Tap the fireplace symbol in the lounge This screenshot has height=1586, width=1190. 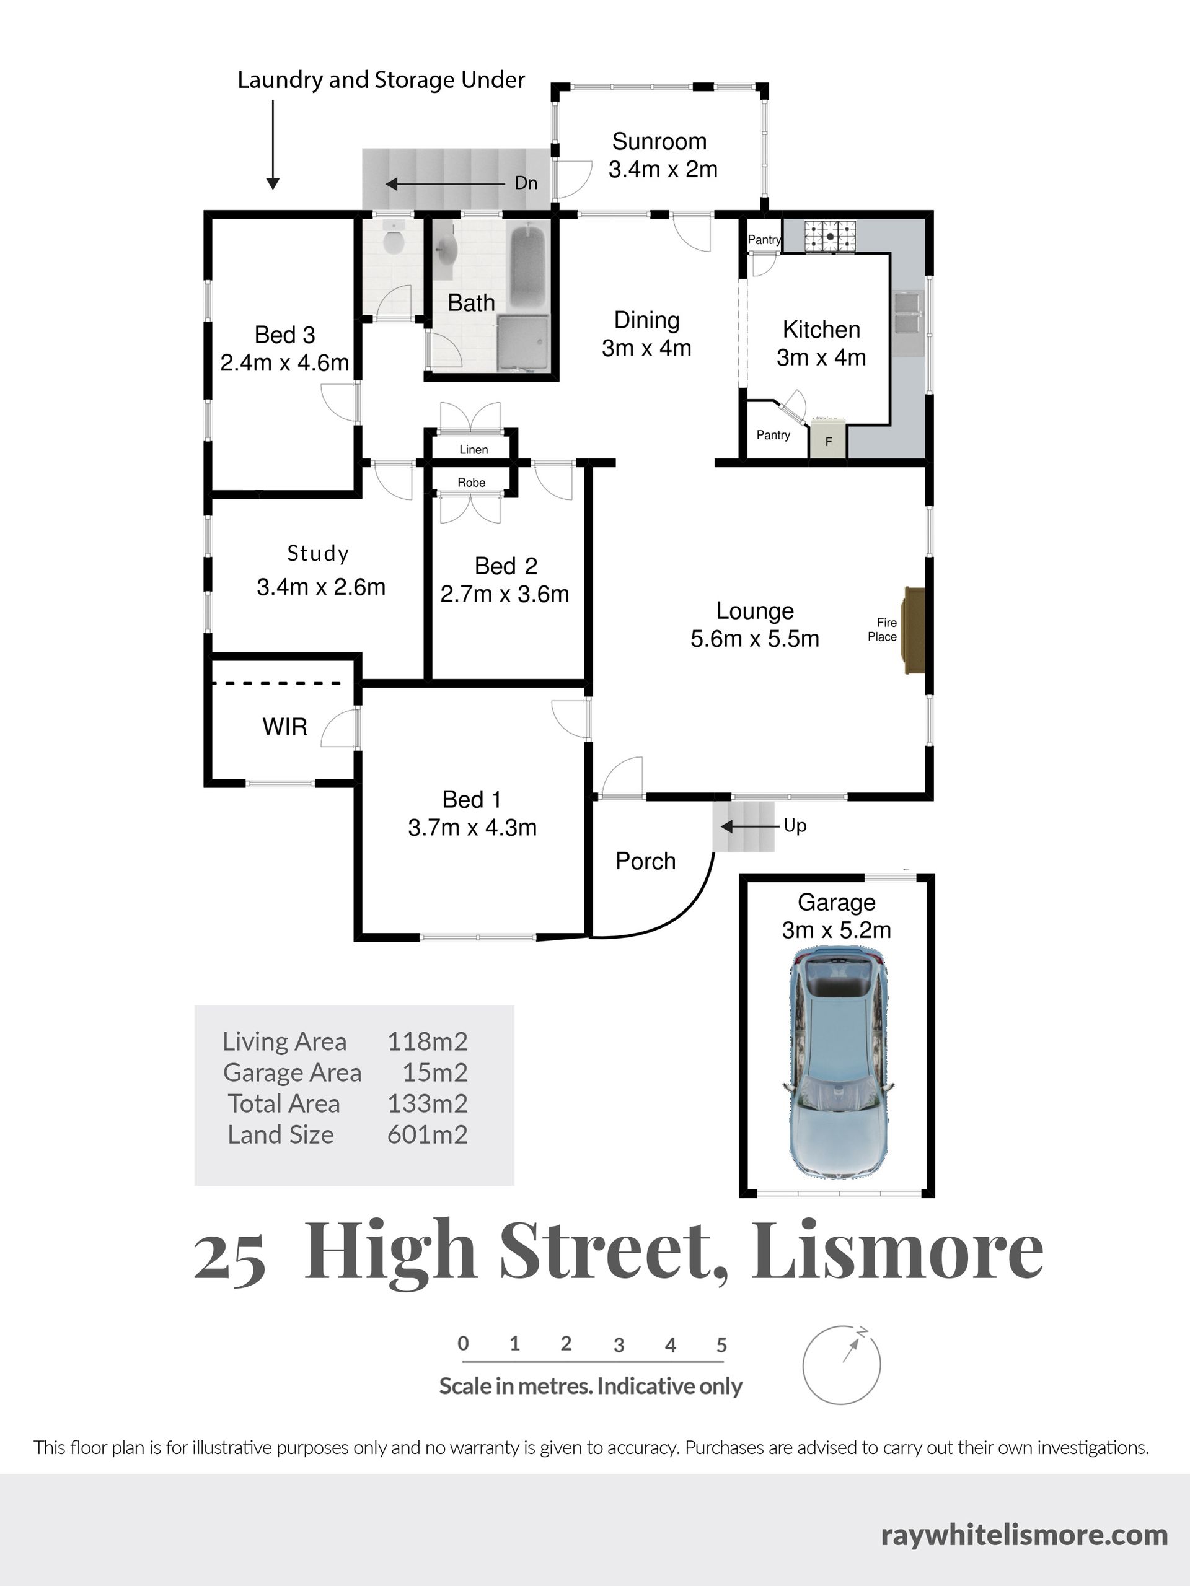914,630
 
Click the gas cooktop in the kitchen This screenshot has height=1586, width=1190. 830,235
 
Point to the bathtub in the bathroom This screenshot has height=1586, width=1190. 528,266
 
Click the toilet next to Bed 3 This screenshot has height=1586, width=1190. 392,238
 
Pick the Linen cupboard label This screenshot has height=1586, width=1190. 474,450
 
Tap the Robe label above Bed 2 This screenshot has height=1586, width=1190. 471,483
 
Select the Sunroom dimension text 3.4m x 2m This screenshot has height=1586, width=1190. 663,169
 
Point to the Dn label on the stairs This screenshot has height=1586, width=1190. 526,183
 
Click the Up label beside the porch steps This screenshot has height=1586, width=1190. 795,825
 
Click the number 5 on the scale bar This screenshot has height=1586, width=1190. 721,1345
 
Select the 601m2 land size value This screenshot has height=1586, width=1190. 428,1134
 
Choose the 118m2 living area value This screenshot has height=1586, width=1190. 428,1041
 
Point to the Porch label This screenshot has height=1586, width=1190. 646,861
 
